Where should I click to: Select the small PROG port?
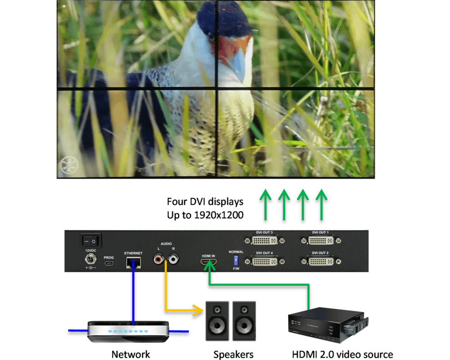tap(109, 263)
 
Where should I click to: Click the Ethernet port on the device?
tap(134, 262)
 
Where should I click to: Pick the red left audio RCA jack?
tap(158, 259)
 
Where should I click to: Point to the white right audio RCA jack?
tap(172, 259)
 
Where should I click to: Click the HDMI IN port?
tap(208, 261)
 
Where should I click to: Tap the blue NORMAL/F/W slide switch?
tap(235, 260)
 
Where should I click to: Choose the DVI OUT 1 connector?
tap(320, 240)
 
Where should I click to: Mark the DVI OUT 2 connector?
tap(320, 261)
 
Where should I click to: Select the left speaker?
tap(217, 320)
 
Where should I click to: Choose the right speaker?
tap(244, 320)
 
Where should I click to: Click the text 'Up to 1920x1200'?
tap(205, 215)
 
